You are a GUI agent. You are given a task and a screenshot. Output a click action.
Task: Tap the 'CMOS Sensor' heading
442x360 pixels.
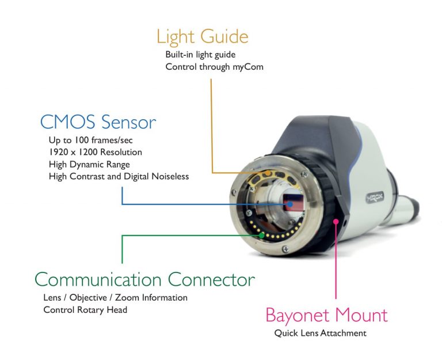pyautogui.click(x=98, y=122)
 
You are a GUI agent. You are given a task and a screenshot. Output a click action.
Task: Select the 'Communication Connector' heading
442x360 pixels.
pyautogui.click(x=144, y=279)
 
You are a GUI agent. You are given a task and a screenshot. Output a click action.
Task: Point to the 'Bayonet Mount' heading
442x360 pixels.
pyautogui.click(x=326, y=316)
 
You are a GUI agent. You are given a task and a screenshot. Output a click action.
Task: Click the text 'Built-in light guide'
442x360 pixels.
pyautogui.click(x=200, y=54)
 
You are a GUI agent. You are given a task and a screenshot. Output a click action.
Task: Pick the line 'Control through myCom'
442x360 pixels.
pyautogui.click(x=214, y=67)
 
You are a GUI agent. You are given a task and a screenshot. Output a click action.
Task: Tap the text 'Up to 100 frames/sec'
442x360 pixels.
pyautogui.click(x=90, y=140)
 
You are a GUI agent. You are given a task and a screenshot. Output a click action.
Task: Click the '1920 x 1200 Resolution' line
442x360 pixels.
pyautogui.click(x=96, y=152)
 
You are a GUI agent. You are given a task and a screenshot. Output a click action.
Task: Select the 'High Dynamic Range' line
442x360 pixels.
pyautogui.click(x=89, y=165)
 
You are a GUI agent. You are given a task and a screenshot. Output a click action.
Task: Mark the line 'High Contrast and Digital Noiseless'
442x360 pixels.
pyautogui.click(x=119, y=177)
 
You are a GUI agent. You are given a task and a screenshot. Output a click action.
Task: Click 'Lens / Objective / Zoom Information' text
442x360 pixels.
pyautogui.click(x=115, y=298)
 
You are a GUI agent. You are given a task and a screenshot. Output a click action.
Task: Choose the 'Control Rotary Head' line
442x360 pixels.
pyautogui.click(x=85, y=310)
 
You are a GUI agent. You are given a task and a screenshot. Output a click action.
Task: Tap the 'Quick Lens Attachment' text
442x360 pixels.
pyautogui.click(x=320, y=333)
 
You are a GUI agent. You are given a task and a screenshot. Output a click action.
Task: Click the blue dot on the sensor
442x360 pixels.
pyautogui.click(x=290, y=204)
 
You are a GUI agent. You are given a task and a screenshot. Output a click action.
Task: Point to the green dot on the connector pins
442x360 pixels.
pyautogui.click(x=262, y=235)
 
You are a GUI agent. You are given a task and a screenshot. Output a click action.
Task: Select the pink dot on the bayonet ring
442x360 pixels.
pyautogui.click(x=336, y=222)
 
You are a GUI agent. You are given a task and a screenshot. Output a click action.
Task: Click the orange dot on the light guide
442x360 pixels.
pyautogui.click(x=269, y=173)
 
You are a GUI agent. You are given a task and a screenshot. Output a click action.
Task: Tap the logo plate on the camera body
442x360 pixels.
pyautogui.click(x=375, y=198)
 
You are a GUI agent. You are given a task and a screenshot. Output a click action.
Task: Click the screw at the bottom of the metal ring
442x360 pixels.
pyautogui.click(x=285, y=249)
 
